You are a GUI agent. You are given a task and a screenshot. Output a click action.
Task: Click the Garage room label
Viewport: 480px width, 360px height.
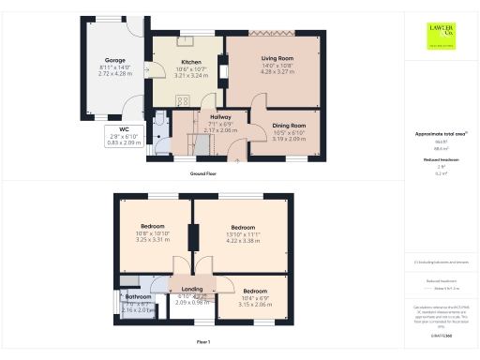point(115,60)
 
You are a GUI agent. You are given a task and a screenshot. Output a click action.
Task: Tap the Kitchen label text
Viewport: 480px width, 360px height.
point(191,63)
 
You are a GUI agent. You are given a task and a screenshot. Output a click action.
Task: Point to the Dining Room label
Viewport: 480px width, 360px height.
point(289,125)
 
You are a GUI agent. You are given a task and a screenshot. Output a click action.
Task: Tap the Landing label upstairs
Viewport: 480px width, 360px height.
point(192,289)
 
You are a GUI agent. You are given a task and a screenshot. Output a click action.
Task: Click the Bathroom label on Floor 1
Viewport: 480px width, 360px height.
point(138,297)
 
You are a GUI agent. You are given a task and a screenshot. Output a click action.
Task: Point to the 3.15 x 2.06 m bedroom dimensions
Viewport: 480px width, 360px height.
point(255,304)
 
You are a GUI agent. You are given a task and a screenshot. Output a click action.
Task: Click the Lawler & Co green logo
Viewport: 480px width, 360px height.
point(439,34)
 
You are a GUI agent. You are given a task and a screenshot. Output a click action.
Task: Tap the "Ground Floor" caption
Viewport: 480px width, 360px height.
point(203,173)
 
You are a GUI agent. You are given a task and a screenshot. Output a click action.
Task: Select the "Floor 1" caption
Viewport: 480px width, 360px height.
point(202,342)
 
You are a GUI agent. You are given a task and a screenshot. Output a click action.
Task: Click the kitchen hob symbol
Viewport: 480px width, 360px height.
point(182,102)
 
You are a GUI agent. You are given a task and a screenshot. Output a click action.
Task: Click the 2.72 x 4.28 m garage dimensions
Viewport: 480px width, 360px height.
point(115,73)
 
